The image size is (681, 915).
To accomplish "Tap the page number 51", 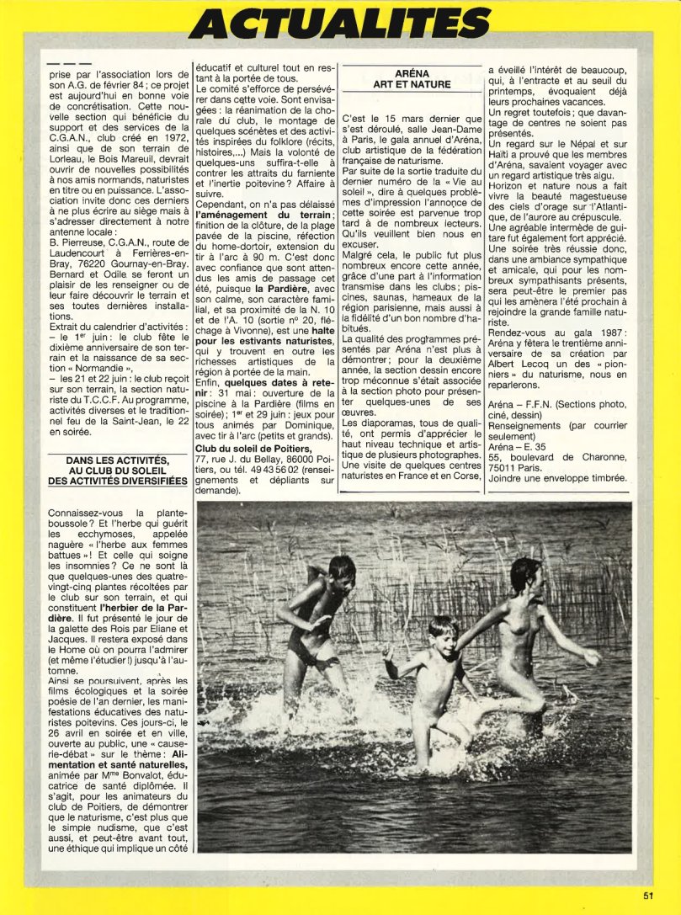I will [x=647, y=895].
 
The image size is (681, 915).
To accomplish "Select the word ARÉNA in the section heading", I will [x=412, y=74].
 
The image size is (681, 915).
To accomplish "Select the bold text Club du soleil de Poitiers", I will [x=253, y=448].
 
